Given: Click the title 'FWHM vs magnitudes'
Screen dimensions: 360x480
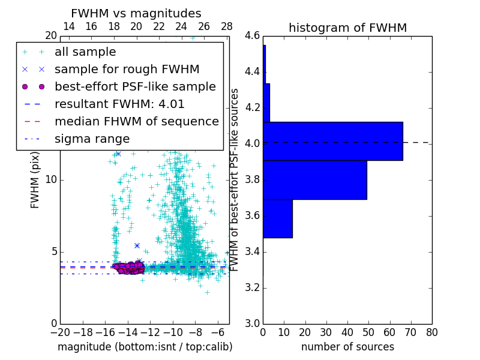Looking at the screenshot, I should point(136,13).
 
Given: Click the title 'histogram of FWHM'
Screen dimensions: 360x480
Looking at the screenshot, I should point(347,28).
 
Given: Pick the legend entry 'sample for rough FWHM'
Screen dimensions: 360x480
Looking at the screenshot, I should point(127,70).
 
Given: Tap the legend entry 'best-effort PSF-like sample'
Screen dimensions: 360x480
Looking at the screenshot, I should point(135,87).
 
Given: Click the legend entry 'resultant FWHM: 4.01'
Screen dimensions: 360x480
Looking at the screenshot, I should point(119,104).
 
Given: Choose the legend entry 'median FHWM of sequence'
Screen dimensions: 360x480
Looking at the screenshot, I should point(136,122).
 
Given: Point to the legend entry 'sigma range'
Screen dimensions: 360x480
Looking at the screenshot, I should point(92,139).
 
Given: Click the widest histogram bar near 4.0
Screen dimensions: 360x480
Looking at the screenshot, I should point(332,141).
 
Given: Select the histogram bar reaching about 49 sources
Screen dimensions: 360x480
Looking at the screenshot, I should point(314,180).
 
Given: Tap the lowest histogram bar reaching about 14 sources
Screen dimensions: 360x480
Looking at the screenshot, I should point(277,218).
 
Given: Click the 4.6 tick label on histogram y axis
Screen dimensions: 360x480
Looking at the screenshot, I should point(252,36).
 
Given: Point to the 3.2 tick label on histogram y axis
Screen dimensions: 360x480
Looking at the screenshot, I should point(252,287).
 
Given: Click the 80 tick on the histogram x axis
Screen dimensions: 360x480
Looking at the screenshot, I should point(431,332).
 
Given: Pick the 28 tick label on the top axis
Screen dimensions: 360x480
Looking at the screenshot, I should point(227,26).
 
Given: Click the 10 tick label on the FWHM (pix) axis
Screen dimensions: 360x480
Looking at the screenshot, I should point(51,180).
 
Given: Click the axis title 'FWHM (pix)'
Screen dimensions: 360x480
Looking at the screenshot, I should point(35,180).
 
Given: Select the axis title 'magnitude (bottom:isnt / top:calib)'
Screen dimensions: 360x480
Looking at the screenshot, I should point(145,347).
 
